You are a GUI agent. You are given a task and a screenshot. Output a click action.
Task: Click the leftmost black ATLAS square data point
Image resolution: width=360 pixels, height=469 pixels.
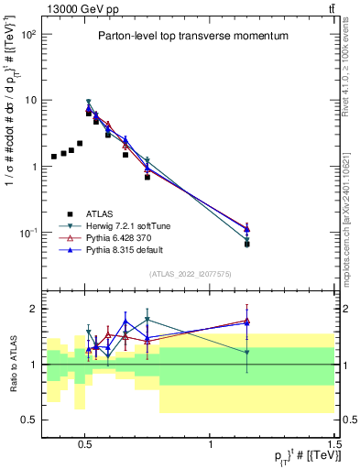point(54,157)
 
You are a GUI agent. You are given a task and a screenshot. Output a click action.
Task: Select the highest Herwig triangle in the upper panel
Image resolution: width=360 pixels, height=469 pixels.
point(88,103)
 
